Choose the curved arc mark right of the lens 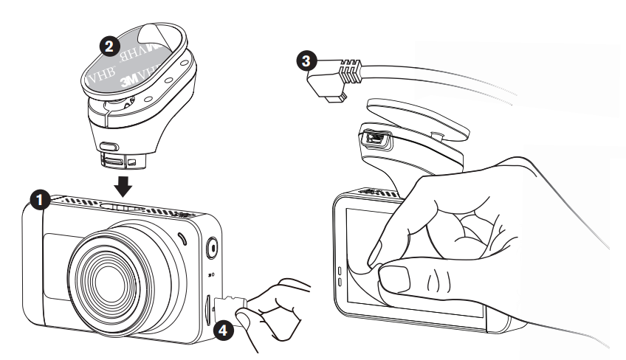(x=182, y=238)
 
